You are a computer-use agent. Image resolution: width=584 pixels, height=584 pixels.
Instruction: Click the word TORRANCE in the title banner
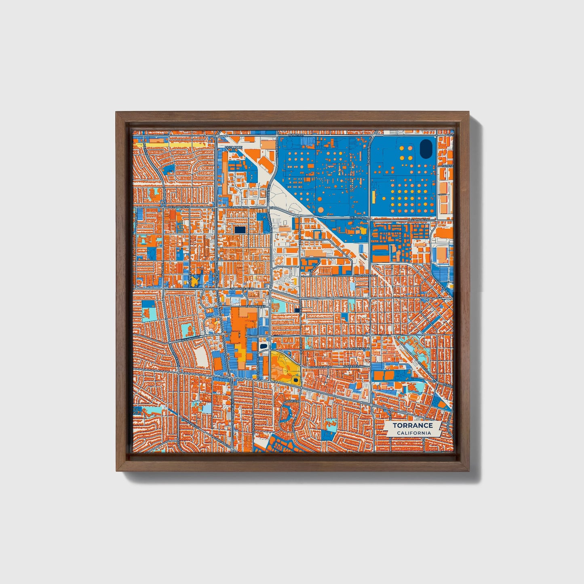click(413, 425)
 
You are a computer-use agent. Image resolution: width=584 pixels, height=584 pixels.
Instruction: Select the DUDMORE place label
click(233, 148)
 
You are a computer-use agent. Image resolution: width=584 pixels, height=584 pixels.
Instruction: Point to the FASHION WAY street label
click(248, 306)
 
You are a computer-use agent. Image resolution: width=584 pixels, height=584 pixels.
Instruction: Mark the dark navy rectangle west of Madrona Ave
click(240, 230)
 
